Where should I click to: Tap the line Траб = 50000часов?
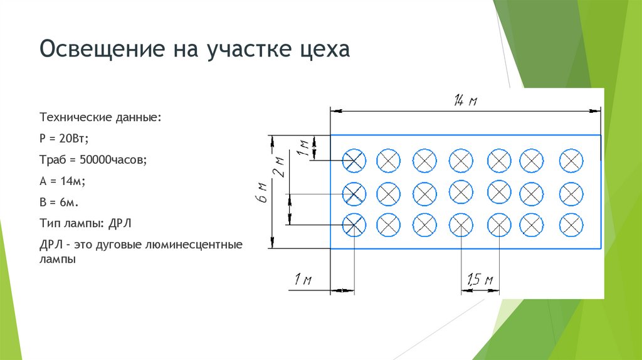pyautogui.click(x=93, y=160)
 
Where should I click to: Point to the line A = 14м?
pyautogui.click(x=62, y=181)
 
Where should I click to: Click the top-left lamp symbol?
pyautogui.click(x=354, y=161)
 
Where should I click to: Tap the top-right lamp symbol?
pyautogui.click(x=571, y=161)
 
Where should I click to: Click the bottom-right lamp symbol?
pyautogui.click(x=571, y=224)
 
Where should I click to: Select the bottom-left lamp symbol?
pyautogui.click(x=354, y=224)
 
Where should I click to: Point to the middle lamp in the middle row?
pyautogui.click(x=461, y=191)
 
